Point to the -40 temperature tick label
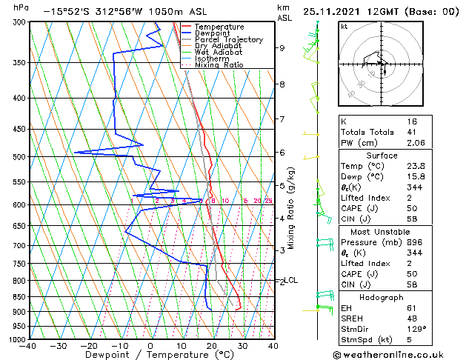pos(29,345)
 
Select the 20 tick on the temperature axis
pos(211,345)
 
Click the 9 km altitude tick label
pos(282,48)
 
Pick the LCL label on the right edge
pos(291,280)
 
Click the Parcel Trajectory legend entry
pos(228,40)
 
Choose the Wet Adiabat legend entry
pos(217,53)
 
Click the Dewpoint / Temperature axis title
pos(150,355)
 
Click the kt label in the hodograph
pos(344,26)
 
